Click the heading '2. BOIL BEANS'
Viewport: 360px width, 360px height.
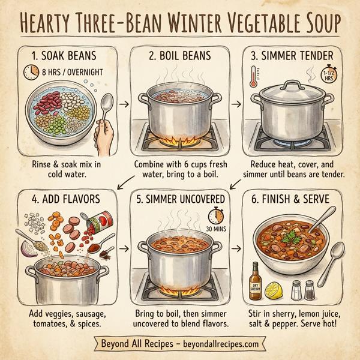(179, 56)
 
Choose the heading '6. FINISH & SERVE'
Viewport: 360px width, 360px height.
(292, 199)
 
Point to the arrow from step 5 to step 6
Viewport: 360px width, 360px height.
(235, 247)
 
